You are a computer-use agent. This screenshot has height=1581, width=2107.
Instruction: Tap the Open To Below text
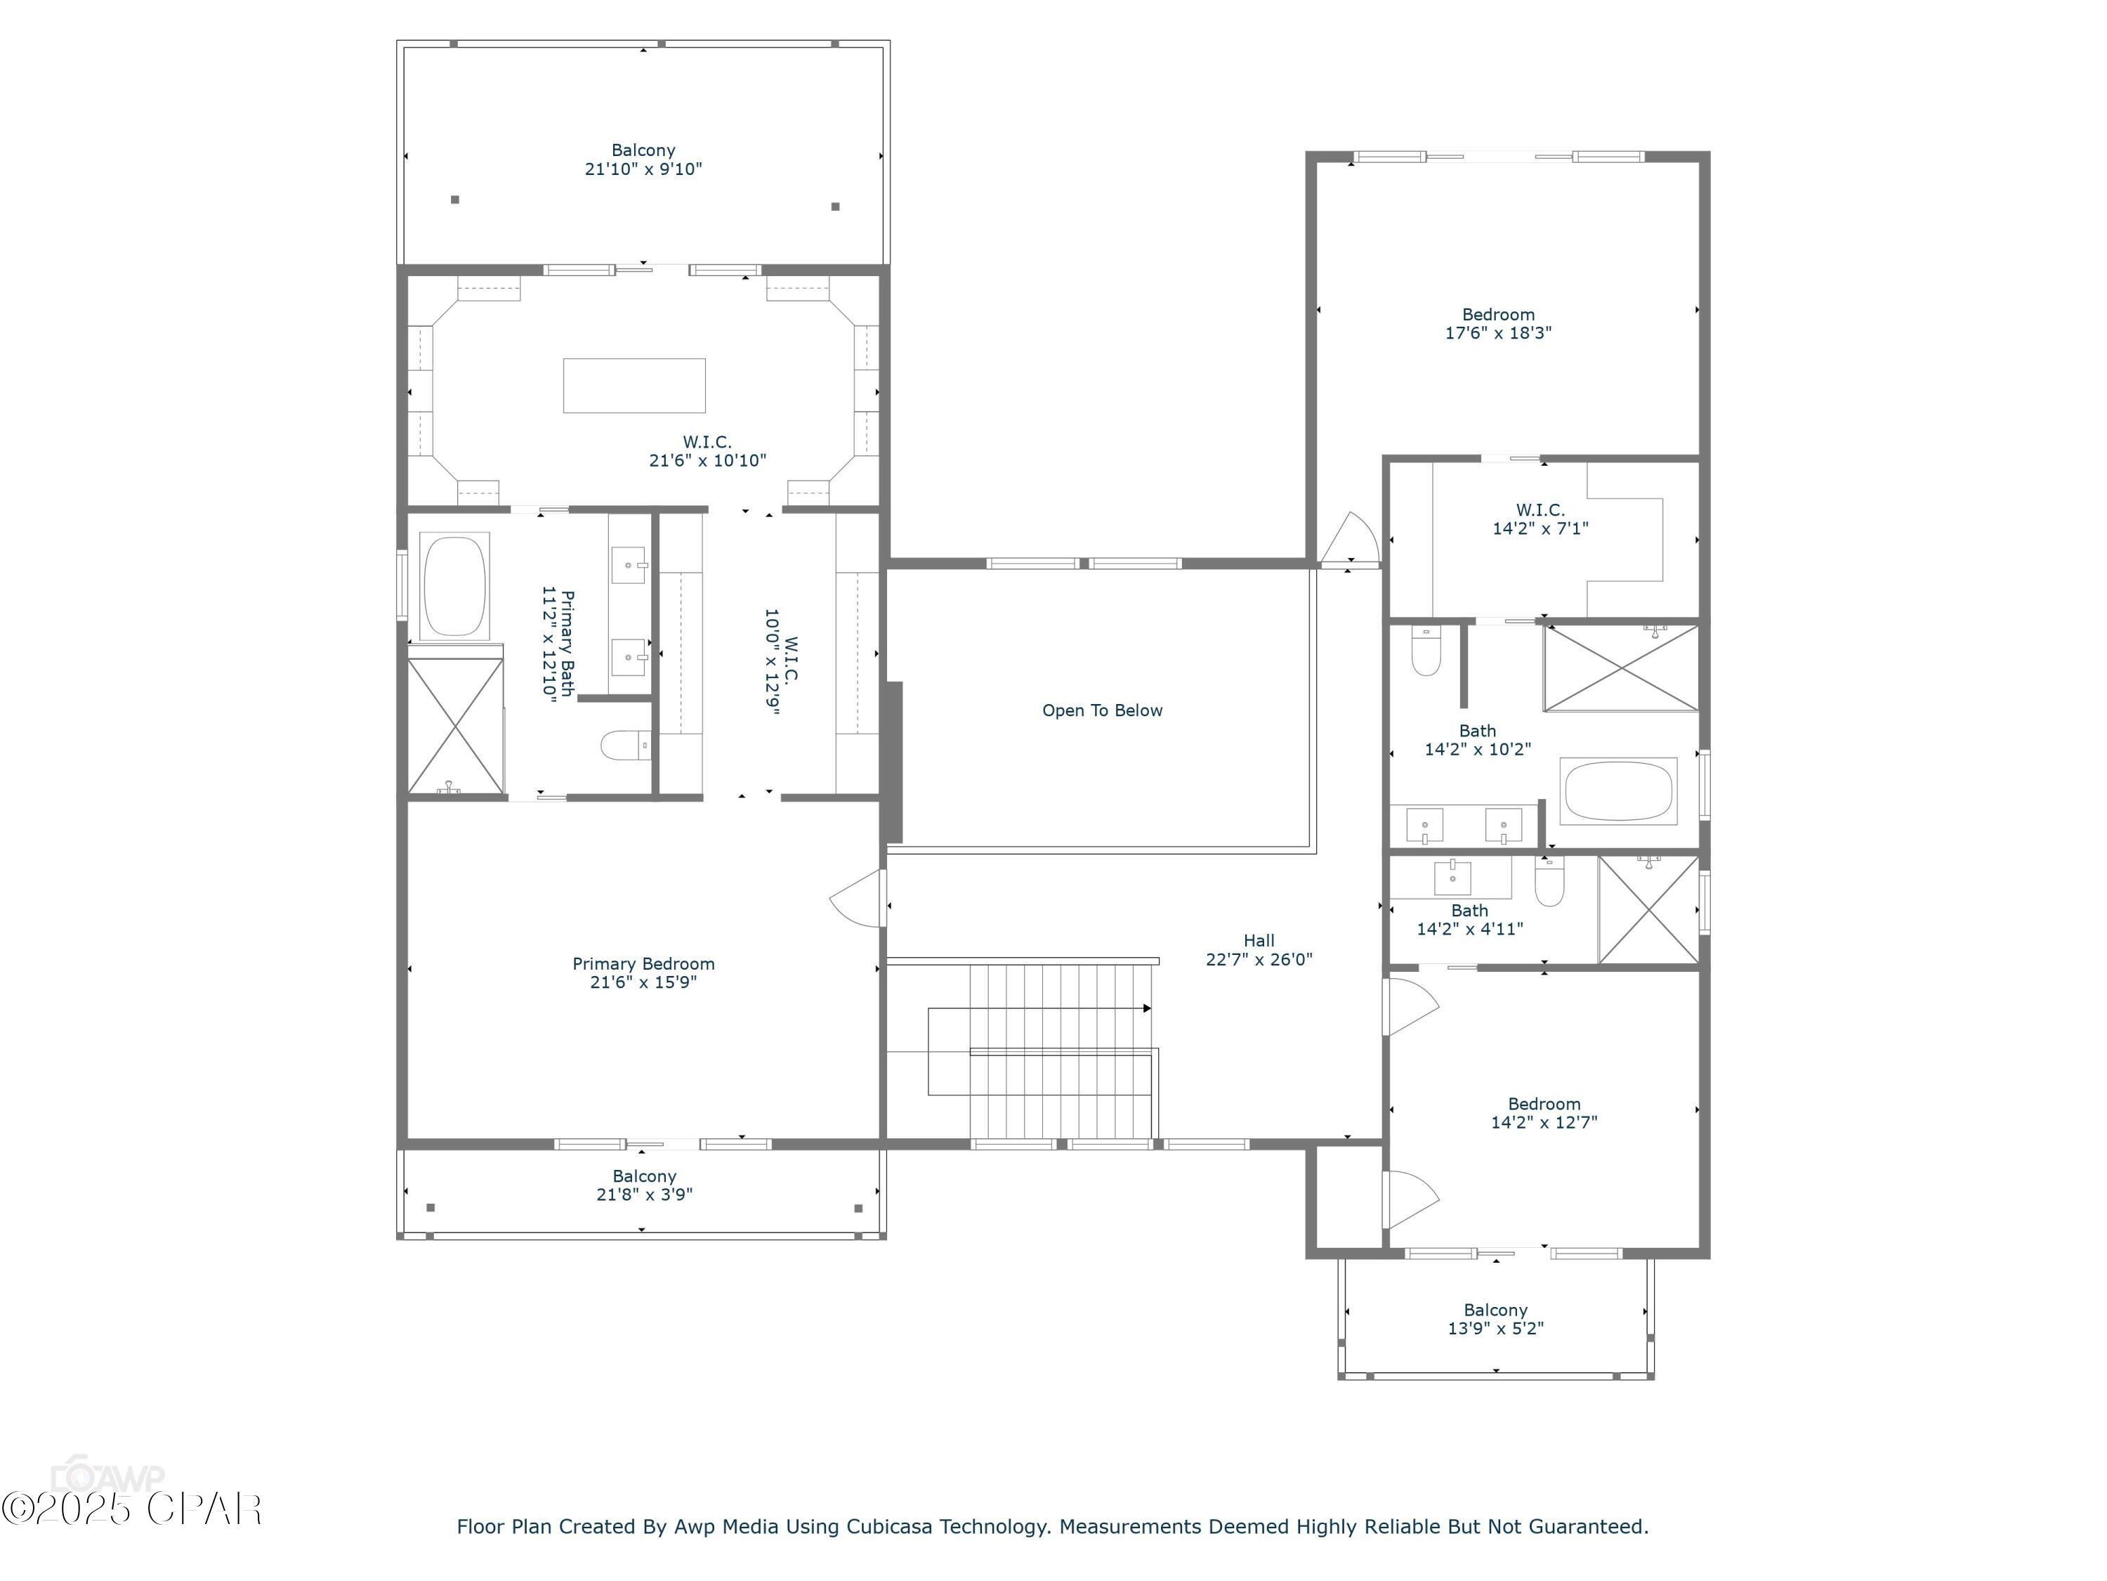pos(1102,710)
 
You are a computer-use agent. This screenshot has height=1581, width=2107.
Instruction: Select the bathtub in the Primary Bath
pos(454,586)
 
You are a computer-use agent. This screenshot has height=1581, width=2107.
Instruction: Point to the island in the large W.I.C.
pos(634,385)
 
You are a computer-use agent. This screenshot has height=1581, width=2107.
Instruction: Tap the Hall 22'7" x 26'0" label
pos(1259,950)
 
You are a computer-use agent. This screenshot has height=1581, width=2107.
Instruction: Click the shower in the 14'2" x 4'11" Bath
pos(1648,910)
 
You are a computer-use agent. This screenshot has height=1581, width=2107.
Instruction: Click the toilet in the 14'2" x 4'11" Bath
pos(1549,883)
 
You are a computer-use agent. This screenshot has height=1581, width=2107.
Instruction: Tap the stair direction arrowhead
pos(1147,1008)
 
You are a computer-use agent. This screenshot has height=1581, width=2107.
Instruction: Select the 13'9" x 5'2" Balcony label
pos(1495,1319)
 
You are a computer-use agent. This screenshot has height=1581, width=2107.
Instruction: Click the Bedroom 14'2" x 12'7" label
pos(1543,1113)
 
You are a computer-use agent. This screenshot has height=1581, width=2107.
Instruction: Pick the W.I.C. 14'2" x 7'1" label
pos(1540,519)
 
